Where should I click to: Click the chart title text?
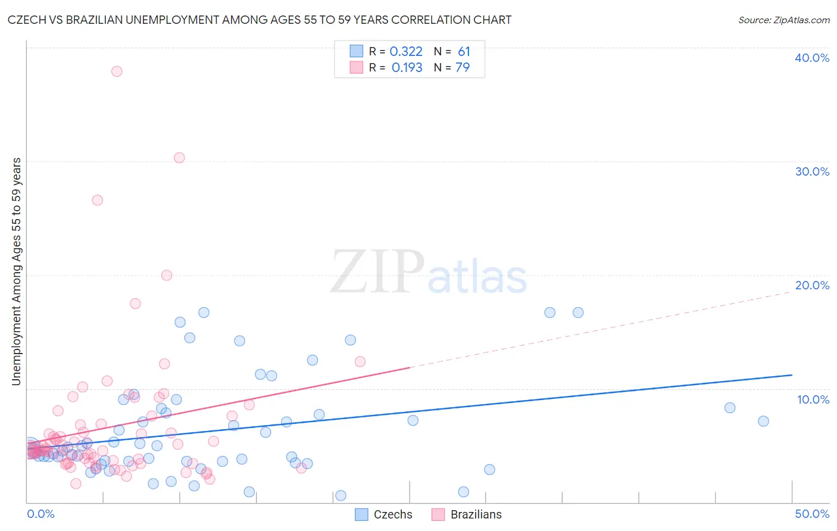[x=260, y=20]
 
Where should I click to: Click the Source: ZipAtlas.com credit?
[x=783, y=20]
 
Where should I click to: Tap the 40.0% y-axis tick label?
[x=811, y=58]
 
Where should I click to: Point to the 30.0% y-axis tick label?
[x=811, y=171]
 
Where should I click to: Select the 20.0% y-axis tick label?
[x=811, y=285]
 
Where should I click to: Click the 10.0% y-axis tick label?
[x=813, y=399]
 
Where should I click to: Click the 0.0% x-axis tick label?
[x=40, y=514]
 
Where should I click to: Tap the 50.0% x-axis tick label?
[x=811, y=514]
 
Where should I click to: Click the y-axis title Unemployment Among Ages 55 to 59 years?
[x=16, y=271]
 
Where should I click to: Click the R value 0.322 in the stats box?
[x=406, y=52]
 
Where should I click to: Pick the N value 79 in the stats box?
[x=463, y=68]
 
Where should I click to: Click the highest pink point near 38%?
[x=117, y=71]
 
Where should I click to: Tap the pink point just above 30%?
[x=179, y=158]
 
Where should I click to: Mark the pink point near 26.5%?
[x=97, y=200]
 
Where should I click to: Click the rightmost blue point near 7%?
[x=763, y=421]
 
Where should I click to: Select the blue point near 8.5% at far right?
[x=730, y=408]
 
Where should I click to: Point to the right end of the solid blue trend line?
[x=792, y=375]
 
